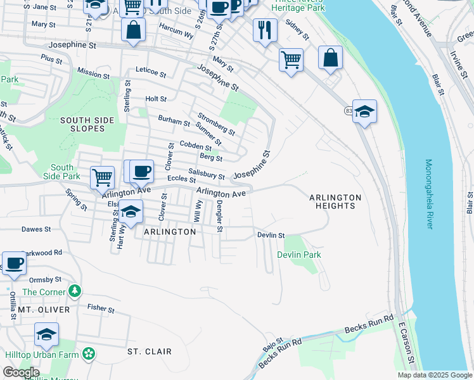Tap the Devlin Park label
pyautogui.click(x=299, y=255)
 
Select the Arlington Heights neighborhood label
pyautogui.click(x=335, y=201)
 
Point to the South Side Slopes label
pyautogui.click(x=87, y=124)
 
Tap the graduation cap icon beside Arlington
pyautogui.click(x=131, y=212)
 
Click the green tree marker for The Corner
pyautogui.click(x=75, y=291)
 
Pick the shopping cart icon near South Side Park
pyautogui.click(x=102, y=177)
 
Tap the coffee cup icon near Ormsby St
pyautogui.click(x=14, y=263)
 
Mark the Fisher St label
pyautogui.click(x=101, y=310)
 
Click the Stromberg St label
pyautogui.click(x=216, y=124)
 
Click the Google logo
pyautogui.click(x=21, y=372)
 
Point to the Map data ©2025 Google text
pyautogui.click(x=434, y=375)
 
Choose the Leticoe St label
pyautogui.click(x=151, y=74)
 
